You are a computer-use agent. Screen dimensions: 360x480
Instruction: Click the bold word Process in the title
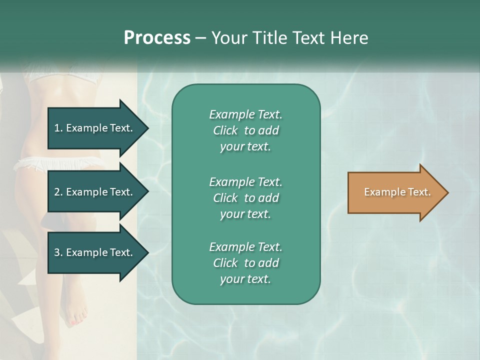click(157, 38)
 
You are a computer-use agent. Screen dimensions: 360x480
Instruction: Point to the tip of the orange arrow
click(447, 192)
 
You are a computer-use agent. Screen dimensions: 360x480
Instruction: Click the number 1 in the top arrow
click(57, 128)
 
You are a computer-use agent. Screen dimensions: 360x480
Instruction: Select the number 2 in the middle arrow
click(57, 192)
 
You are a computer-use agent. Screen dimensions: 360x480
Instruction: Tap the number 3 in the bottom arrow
click(57, 252)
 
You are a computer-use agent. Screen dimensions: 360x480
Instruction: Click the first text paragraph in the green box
click(245, 130)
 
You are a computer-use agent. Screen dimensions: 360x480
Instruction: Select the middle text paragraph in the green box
click(245, 198)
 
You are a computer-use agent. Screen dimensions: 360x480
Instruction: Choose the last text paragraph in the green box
click(245, 263)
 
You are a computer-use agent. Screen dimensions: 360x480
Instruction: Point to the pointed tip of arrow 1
click(148, 128)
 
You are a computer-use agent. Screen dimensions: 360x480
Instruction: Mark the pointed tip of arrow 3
click(148, 252)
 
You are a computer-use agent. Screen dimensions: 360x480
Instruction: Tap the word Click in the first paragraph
click(225, 130)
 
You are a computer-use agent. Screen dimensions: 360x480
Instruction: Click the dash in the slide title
click(200, 38)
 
